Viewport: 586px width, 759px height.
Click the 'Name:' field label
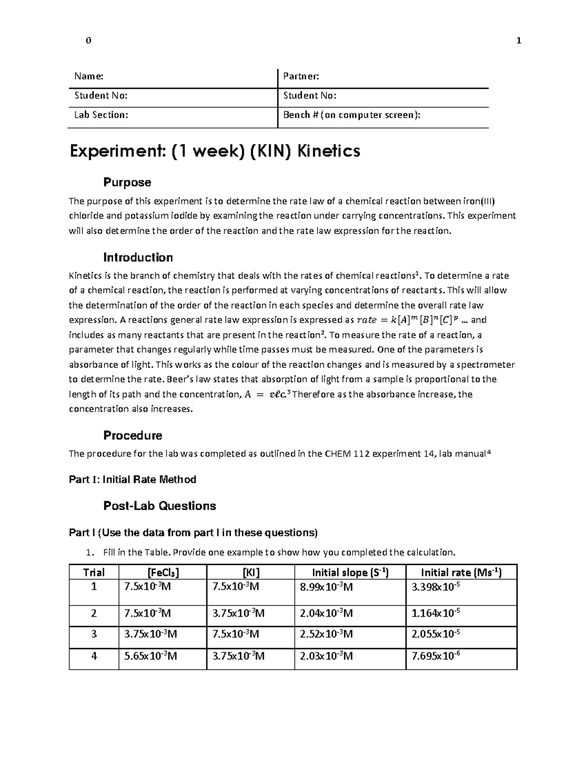point(88,76)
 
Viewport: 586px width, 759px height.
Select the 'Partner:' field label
point(301,76)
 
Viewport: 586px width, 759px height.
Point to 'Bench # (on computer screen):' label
point(352,115)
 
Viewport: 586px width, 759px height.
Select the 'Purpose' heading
point(127,182)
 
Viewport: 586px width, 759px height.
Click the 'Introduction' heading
point(138,258)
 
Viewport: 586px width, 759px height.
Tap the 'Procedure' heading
point(133,435)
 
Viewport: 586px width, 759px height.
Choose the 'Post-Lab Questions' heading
point(159,506)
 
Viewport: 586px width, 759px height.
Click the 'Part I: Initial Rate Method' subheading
point(132,479)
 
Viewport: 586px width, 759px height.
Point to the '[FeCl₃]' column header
point(163,572)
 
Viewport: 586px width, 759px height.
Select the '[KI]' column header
point(251,572)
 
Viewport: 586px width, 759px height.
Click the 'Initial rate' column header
point(461,572)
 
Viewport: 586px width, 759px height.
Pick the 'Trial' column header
point(94,572)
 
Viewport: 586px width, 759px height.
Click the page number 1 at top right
point(519,41)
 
